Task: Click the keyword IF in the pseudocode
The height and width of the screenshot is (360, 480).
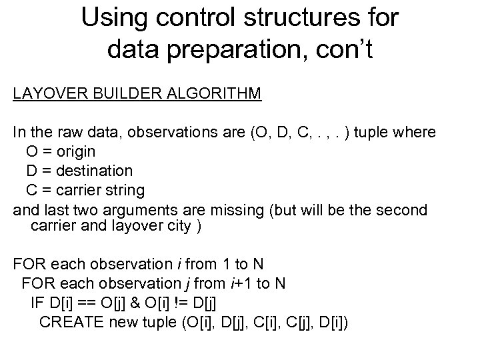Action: click(x=37, y=303)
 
